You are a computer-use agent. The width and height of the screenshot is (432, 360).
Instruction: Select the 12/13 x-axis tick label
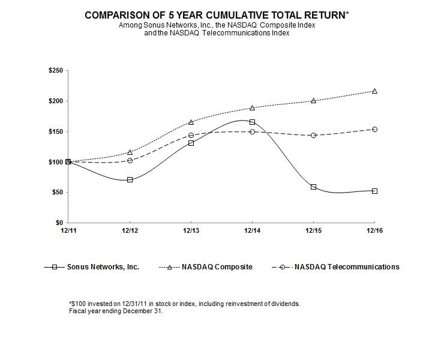[191, 230]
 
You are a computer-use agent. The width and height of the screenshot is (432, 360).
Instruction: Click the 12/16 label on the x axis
[374, 230]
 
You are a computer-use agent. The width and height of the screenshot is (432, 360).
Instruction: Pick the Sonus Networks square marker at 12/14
[252, 122]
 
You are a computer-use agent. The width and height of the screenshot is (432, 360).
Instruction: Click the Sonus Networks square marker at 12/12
[130, 179]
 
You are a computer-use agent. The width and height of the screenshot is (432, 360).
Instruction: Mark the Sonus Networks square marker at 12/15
[313, 187]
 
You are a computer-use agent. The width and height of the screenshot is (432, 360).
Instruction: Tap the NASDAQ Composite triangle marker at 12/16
[374, 91]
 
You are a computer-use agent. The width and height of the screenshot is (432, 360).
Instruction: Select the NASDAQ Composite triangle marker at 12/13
[191, 122]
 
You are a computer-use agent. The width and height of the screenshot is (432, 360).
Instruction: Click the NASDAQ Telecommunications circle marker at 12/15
[313, 135]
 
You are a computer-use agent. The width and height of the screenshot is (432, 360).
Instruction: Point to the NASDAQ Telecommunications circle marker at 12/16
[374, 129]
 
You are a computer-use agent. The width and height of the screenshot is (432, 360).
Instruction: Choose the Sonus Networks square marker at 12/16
[374, 191]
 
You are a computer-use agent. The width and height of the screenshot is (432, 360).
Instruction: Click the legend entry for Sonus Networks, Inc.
[92, 266]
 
